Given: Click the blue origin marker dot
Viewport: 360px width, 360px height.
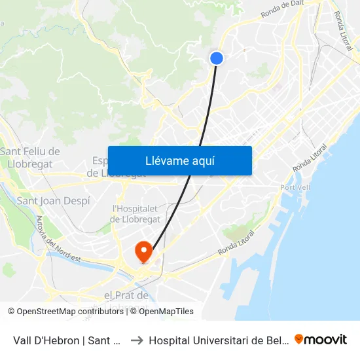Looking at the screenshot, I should tap(217, 58).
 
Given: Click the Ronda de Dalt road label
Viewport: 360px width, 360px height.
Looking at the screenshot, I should tap(283, 9).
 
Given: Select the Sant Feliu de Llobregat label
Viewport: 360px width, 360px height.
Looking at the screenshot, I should tap(30, 158).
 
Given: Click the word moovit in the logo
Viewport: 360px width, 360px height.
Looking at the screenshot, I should tap(326, 340).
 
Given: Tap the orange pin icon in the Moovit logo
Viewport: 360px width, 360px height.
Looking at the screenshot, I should tap(299, 339).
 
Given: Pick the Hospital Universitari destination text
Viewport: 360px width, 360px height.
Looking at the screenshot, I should tap(216, 340).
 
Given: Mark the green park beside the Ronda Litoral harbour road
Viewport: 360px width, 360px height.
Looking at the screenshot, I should tap(236, 231).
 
